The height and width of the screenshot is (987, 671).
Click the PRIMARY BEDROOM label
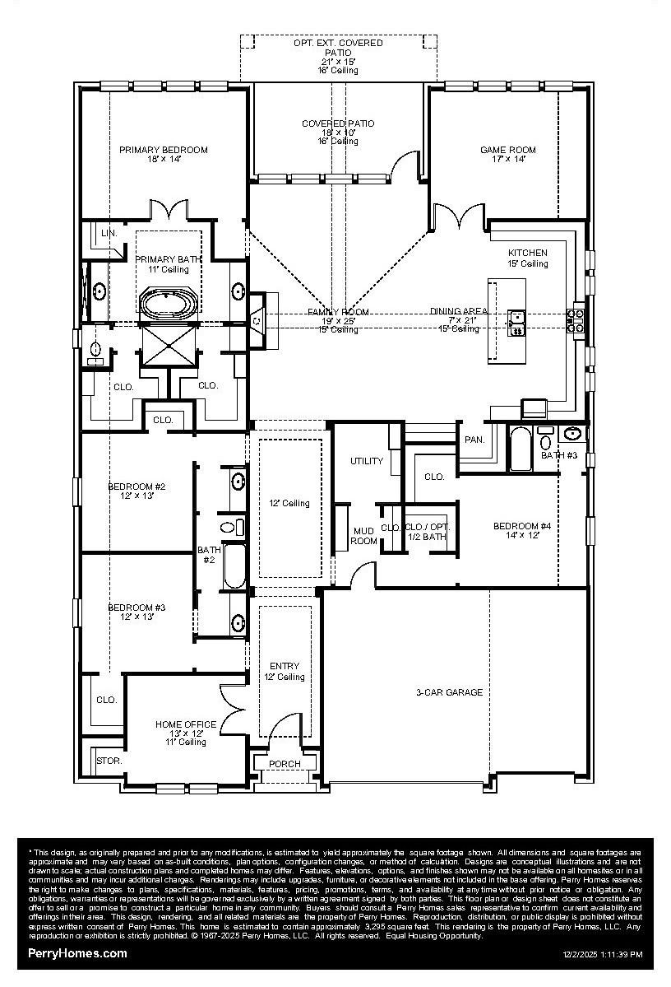coord(163,150)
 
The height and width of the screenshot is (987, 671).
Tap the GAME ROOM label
coord(508,150)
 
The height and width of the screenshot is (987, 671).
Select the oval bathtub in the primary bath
coord(169,302)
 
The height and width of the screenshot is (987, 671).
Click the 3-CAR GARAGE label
coord(448,692)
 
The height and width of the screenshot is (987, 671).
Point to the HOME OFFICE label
coord(186,724)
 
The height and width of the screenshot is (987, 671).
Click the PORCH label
coord(285,764)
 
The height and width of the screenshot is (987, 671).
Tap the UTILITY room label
coord(367,461)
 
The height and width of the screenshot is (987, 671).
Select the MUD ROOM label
coord(364,535)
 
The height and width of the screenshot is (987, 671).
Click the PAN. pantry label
coord(474,440)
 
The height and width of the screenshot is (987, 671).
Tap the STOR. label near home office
coord(109,761)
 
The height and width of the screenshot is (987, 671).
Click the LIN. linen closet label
coord(109,234)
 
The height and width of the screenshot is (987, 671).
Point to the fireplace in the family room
coord(258,319)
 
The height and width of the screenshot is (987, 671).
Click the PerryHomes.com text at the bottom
coord(78,953)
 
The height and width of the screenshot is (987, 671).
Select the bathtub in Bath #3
coord(521,449)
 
